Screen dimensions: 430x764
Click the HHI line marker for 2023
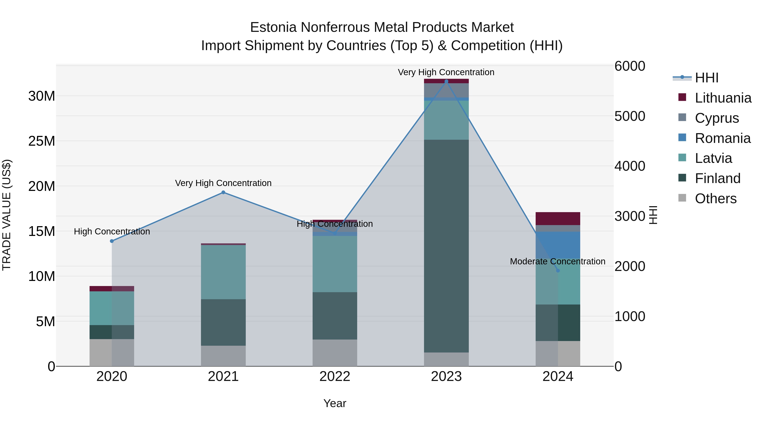coord(446,81)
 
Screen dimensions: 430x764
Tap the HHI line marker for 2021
coord(223,192)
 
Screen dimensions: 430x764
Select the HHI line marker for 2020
coord(112,241)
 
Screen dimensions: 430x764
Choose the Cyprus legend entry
coord(716,118)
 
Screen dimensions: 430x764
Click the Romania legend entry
coord(722,138)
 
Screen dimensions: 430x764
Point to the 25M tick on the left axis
coord(42,141)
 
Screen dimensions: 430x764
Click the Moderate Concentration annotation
coord(557,261)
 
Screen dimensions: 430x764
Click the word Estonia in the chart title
coord(273,27)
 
